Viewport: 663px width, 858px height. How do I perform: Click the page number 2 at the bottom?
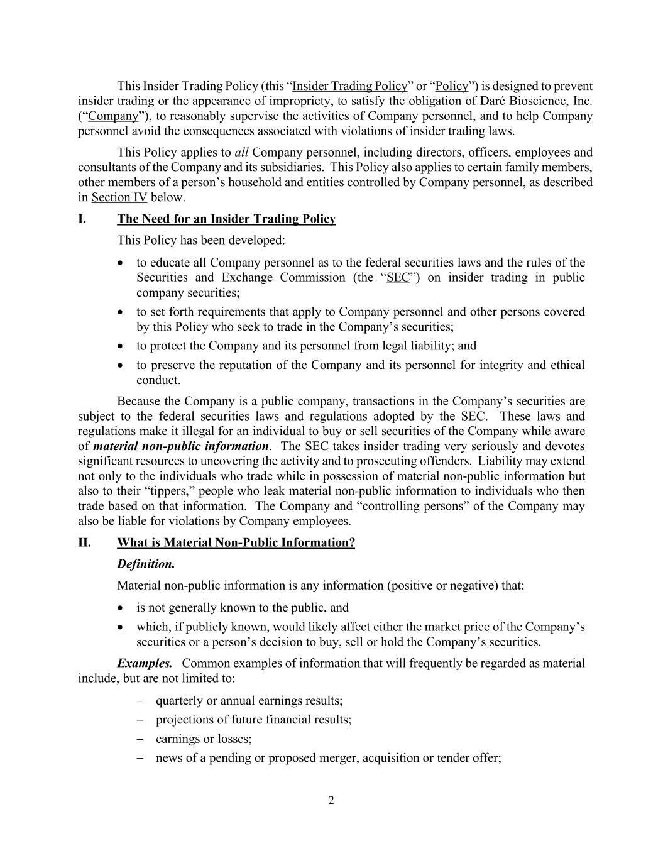[x=331, y=800]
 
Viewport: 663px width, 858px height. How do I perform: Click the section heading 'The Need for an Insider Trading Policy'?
[x=226, y=219]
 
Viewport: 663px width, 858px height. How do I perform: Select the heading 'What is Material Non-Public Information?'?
[x=236, y=542]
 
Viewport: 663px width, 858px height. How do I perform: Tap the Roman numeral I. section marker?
[x=82, y=219]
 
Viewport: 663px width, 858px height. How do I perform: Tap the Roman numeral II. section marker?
[x=84, y=542]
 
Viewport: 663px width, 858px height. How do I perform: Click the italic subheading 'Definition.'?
[x=146, y=564]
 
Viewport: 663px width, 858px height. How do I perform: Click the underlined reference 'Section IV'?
[x=119, y=197]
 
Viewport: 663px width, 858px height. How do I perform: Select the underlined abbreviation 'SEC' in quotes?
[x=398, y=278]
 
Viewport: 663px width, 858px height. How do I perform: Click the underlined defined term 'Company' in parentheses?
[x=113, y=116]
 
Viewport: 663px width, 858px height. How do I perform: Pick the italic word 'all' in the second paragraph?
[x=241, y=153]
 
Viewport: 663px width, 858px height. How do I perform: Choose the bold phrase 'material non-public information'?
[x=181, y=446]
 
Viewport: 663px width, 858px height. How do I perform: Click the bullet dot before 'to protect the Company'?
[x=121, y=346]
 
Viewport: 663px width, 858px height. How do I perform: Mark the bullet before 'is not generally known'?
[x=121, y=608]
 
